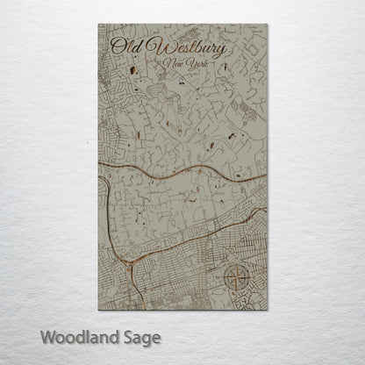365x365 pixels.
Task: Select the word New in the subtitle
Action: (176, 67)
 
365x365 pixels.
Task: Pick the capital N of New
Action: (170, 66)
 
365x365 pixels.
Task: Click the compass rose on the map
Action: (238, 278)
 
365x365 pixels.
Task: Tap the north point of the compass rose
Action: (238, 262)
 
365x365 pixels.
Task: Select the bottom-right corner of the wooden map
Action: (266, 310)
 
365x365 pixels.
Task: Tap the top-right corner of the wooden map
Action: (266, 27)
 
